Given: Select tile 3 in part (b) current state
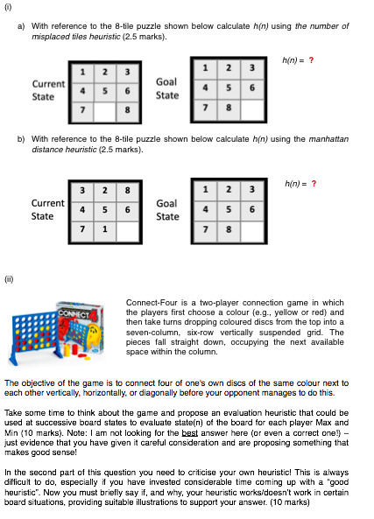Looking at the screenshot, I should tap(82, 192).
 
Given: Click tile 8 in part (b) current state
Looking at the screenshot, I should tap(127, 192).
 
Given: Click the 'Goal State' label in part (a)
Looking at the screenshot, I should tap(166, 88).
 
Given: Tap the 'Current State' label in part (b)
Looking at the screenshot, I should tap(47, 210).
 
